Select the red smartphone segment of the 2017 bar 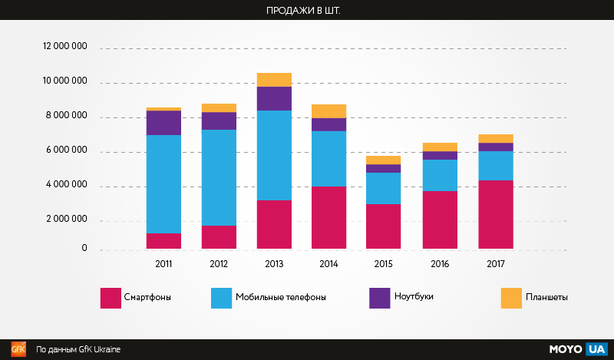[495, 214]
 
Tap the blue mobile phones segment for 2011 [163, 184]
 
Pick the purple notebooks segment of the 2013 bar [274, 98]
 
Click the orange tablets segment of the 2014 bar [329, 111]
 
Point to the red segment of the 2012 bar [219, 237]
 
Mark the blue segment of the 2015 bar [385, 188]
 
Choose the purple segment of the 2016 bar [440, 155]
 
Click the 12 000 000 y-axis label [65, 47]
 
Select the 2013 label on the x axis [274, 264]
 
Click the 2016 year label [440, 264]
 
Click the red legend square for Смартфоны [111, 298]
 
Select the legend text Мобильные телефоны [280, 297]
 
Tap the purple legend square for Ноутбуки [380, 298]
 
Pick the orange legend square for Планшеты [511, 298]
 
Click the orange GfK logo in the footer [18, 349]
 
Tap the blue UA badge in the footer [596, 349]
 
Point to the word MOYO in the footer [566, 349]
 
